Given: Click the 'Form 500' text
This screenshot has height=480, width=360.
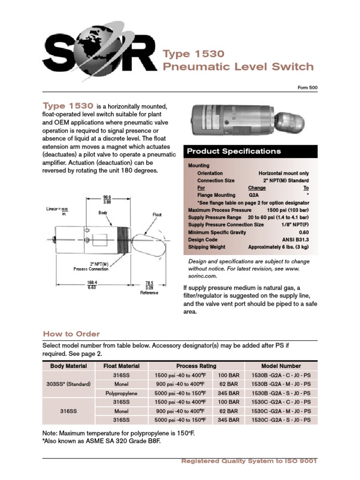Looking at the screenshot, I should click(x=307, y=88).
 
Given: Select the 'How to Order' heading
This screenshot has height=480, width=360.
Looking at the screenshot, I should click(x=71, y=334).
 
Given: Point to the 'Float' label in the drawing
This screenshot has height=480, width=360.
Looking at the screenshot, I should click(x=157, y=214).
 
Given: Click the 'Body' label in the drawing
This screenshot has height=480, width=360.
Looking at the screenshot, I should click(x=103, y=212).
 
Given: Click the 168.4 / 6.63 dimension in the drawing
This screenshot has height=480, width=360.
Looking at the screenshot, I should click(x=91, y=285).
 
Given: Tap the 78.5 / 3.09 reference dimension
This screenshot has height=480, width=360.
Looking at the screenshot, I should click(x=150, y=285).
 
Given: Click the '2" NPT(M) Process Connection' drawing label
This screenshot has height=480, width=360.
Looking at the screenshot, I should click(x=91, y=266).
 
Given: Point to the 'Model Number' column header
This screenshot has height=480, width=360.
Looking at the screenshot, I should click(x=281, y=366).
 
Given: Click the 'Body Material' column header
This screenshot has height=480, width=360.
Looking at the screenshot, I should click(x=69, y=366).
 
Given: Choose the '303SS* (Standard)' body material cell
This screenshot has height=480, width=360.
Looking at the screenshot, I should click(x=69, y=384).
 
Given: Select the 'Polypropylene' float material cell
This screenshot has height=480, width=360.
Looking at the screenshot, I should click(x=121, y=393).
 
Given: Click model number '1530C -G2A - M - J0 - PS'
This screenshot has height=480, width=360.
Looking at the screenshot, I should click(x=281, y=411).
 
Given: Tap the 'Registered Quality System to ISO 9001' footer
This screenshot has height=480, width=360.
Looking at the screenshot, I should click(x=249, y=461).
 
